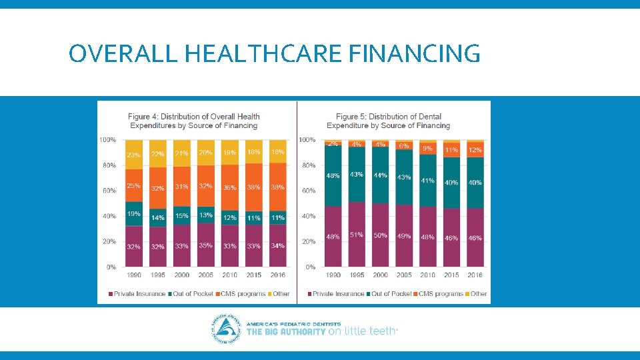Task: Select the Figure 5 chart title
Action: tap(389, 121)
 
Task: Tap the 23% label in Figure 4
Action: tap(133, 155)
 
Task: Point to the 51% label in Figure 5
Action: tap(357, 235)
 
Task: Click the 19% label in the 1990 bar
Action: tap(133, 214)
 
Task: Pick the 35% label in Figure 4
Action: tap(205, 245)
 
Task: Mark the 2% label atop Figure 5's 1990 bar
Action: tap(333, 143)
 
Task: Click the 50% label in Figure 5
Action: tap(380, 236)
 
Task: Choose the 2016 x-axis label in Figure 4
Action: tap(277, 275)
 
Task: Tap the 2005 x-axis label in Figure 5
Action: tap(404, 275)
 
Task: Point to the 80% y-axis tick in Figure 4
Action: tap(108, 165)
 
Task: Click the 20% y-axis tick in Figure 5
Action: tap(307, 241)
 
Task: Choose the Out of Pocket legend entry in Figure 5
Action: tap(389, 293)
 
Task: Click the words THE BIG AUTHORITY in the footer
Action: tap(286, 331)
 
